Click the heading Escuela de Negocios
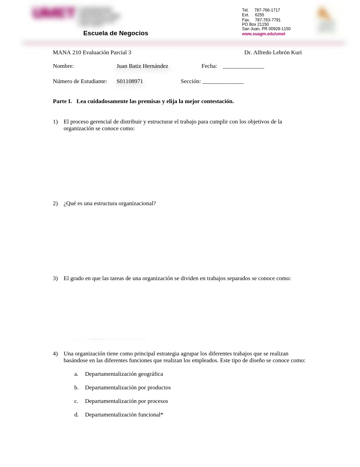[116, 33]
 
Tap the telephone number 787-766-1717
[267, 10]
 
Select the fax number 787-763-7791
[268, 20]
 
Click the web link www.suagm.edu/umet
[263, 34]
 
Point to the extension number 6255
[259, 15]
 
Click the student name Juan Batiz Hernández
[142, 66]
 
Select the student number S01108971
[129, 81]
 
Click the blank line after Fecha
[243, 66]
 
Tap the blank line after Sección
[223, 82]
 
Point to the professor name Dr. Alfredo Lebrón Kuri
[273, 53]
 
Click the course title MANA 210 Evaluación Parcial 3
[92, 53]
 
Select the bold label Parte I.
[62, 101]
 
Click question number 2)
[55, 203]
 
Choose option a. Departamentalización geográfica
[124, 374]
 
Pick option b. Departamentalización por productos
[127, 388]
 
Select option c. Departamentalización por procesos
[126, 401]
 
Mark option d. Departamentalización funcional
[124, 415]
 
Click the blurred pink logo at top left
[54, 13]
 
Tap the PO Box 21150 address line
[255, 24]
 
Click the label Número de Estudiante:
[80, 81]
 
